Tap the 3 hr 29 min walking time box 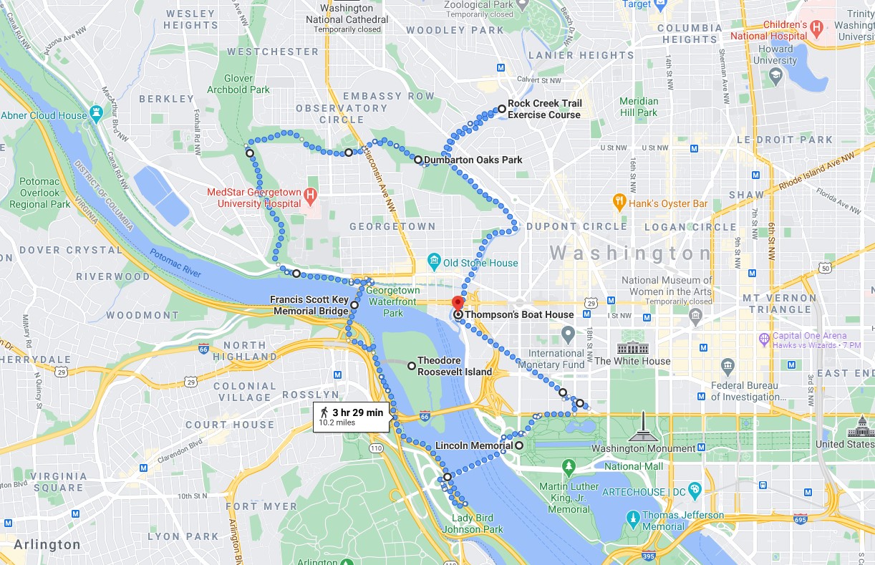351,417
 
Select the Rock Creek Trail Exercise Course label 544,109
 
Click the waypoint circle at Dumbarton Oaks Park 418,160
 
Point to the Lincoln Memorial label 474,445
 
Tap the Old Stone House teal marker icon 433,263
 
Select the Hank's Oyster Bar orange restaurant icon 619,203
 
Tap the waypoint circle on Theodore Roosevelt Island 412,366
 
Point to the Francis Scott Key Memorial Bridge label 309,305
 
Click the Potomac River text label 175,264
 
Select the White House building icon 633,348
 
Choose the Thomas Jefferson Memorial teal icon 633,517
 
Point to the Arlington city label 47,545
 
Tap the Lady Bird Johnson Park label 478,524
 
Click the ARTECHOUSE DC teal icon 695,491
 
